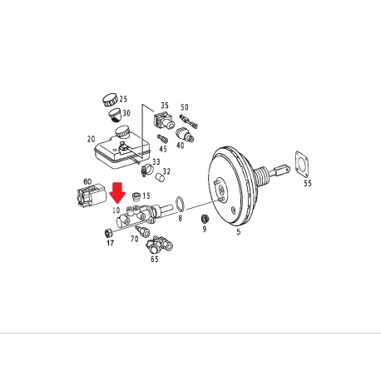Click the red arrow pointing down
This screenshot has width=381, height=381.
click(117, 192)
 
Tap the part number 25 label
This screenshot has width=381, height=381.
click(123, 99)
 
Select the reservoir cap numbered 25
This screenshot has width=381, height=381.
click(110, 100)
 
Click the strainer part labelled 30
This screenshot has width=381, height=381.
click(115, 115)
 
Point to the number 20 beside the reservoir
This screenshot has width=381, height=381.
click(91, 139)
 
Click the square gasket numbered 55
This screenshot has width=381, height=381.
click(302, 163)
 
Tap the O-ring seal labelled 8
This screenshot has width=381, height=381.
click(180, 203)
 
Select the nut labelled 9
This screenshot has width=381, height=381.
click(205, 220)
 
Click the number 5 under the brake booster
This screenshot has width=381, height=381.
click(239, 232)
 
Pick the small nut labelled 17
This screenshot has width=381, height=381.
click(108, 233)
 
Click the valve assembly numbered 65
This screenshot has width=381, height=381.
click(159, 245)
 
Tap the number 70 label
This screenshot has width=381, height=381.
click(135, 239)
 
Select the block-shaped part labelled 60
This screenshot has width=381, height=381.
click(91, 195)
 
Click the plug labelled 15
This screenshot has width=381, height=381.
click(136, 196)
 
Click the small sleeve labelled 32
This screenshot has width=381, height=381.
click(160, 176)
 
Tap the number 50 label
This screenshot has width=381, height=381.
click(185, 107)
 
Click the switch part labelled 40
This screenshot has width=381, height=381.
click(185, 135)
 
